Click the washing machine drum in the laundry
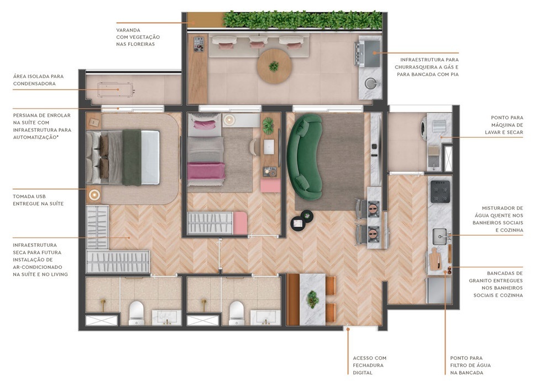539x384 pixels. pyautogui.click(x=425, y=126)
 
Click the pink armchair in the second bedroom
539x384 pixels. pyautogui.click(x=271, y=185)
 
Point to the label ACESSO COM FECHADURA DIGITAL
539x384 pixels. pyautogui.click(x=369, y=365)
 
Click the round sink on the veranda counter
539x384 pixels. pyautogui.click(x=369, y=84)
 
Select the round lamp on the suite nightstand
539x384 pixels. pyautogui.click(x=94, y=194)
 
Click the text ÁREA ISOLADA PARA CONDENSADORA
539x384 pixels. pyautogui.click(x=37, y=80)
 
